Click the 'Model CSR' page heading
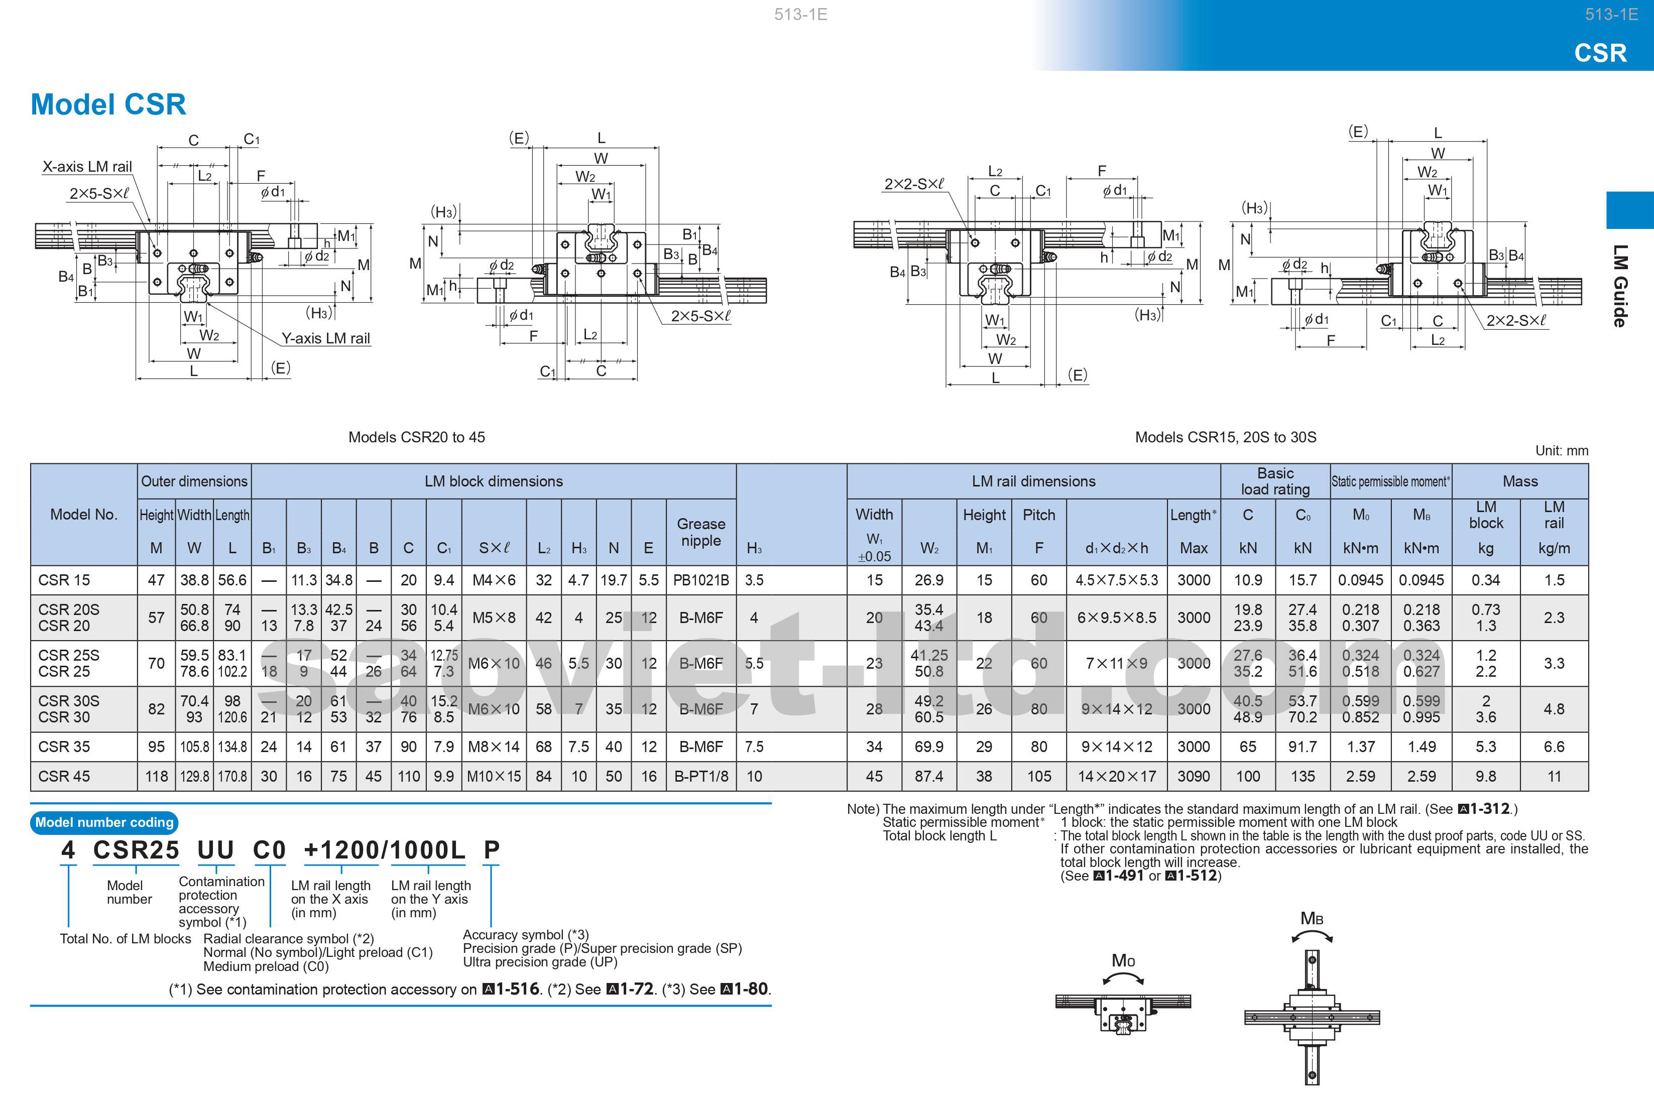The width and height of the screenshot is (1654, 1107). click(x=108, y=104)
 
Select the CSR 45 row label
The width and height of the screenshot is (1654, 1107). click(x=64, y=776)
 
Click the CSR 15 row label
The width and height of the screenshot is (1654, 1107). click(x=64, y=580)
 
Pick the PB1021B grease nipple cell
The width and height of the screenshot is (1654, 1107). click(x=700, y=580)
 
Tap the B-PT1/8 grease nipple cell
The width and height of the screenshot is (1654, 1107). click(x=700, y=776)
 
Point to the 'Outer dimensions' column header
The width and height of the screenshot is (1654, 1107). click(x=194, y=481)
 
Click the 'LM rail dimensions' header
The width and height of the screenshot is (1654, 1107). click(x=1033, y=481)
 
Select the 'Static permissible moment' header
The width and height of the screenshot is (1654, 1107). click(x=1390, y=481)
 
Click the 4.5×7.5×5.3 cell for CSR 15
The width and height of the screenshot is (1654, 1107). click(x=1116, y=580)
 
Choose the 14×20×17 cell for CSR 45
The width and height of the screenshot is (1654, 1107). click(x=1116, y=776)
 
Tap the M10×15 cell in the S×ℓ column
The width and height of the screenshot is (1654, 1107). click(x=494, y=776)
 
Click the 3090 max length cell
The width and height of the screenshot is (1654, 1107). click(x=1193, y=776)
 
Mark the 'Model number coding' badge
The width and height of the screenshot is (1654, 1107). click(x=104, y=822)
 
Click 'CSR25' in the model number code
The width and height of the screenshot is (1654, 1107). click(x=136, y=850)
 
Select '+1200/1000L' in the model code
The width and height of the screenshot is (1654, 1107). click(x=384, y=850)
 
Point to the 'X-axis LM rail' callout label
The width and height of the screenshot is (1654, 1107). click(x=87, y=167)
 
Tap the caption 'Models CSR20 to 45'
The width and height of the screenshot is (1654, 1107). click(x=416, y=437)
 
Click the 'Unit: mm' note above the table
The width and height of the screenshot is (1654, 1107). click(x=1562, y=450)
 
